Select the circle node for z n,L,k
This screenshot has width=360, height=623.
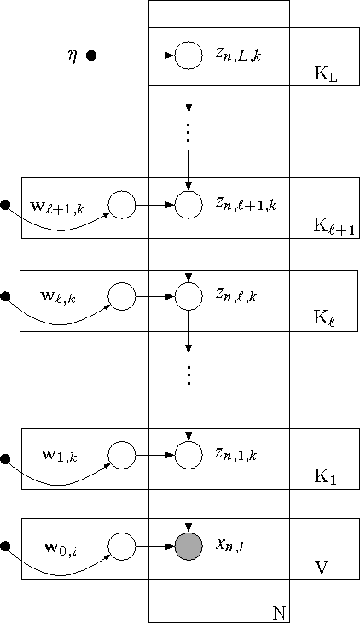click(189, 56)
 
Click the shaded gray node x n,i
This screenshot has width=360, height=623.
click(189, 545)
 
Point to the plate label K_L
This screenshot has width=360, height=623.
click(325, 76)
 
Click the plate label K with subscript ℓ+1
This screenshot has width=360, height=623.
click(332, 227)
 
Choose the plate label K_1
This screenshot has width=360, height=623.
click(325, 479)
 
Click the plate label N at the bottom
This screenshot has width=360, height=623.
click(278, 613)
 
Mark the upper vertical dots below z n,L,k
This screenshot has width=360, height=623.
click(189, 132)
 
